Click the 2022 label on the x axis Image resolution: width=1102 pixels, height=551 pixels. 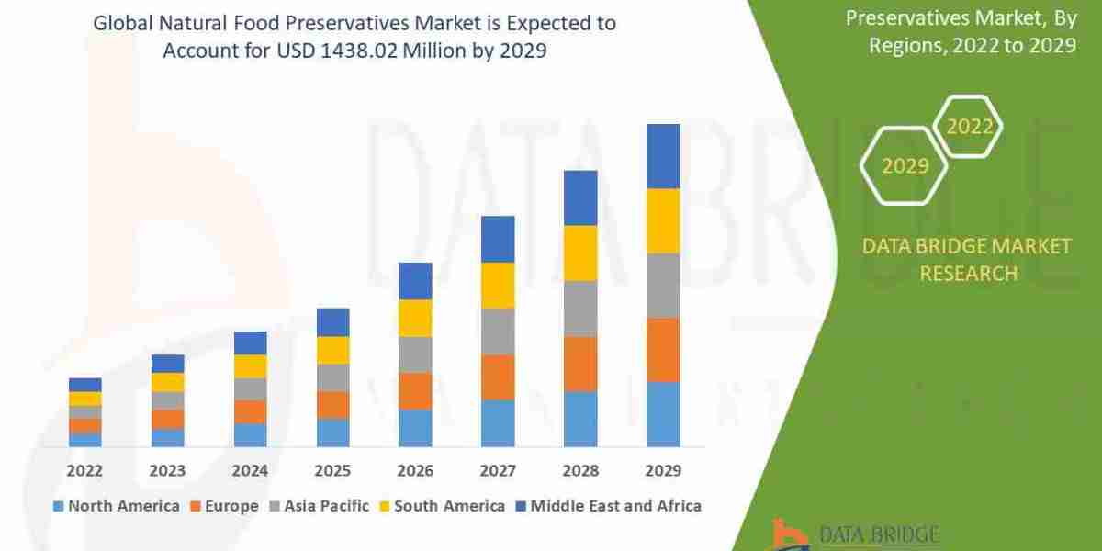[x=84, y=470]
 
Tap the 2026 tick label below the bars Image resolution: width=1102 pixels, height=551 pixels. [x=415, y=470]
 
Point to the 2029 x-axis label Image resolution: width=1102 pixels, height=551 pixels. [x=663, y=470]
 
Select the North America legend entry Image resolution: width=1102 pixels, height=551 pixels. [x=117, y=505]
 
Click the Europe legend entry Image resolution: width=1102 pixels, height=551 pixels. [x=225, y=505]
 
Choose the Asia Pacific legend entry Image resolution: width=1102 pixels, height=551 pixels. [x=319, y=505]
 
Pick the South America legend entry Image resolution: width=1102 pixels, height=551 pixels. [x=442, y=505]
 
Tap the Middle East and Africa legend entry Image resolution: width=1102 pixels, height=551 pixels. [x=608, y=505]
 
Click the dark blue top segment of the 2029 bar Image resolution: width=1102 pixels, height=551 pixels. [x=663, y=156]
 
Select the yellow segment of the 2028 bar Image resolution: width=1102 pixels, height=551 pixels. [x=580, y=253]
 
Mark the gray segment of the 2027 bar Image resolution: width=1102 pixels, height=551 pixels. [x=498, y=332]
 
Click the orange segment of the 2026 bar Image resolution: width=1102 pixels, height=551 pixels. [x=415, y=391]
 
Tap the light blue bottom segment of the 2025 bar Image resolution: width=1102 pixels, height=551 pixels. [x=332, y=433]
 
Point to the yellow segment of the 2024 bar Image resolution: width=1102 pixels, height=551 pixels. [x=250, y=366]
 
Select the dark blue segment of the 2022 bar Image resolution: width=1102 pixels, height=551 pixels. [x=84, y=385]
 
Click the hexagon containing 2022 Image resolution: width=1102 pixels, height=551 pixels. [x=969, y=127]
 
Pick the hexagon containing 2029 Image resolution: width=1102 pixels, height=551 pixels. [x=904, y=166]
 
